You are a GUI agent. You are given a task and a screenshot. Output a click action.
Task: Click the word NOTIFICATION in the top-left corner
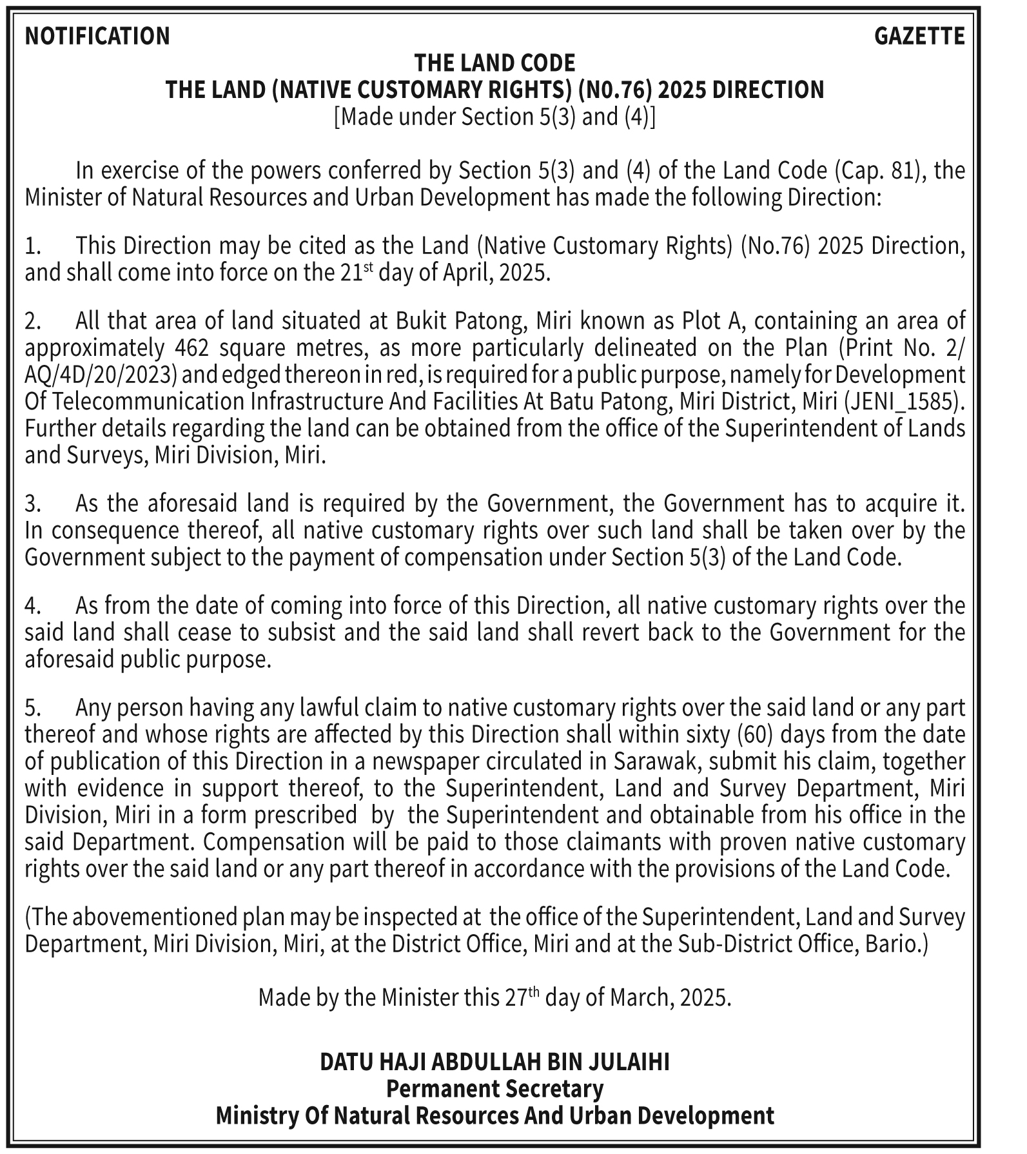point(97,36)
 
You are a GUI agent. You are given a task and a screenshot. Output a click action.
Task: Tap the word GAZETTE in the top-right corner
point(919,36)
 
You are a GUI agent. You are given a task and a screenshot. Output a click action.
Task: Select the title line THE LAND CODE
point(494,63)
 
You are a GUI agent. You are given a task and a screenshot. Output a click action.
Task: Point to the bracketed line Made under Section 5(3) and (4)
point(494,117)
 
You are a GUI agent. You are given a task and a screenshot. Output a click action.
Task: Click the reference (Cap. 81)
point(879,171)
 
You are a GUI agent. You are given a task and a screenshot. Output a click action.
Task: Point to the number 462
point(191,348)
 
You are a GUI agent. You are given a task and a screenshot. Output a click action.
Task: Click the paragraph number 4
point(32,606)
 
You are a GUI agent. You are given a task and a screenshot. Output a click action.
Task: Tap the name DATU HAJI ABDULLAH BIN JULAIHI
point(494,1062)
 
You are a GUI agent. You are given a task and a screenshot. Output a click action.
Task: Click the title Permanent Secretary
point(494,1089)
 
